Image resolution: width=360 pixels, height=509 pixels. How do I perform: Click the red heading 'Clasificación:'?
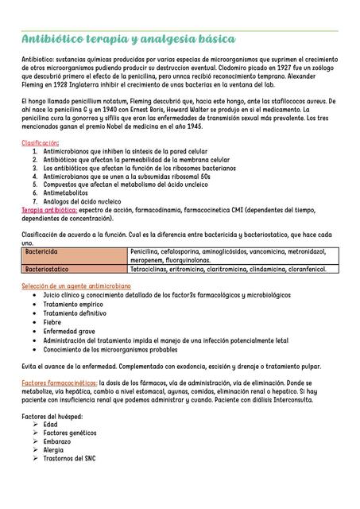coord(41,142)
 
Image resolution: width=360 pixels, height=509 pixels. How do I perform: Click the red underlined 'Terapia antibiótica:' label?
coord(49,210)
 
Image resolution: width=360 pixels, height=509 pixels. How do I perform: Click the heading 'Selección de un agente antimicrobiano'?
coord(76,286)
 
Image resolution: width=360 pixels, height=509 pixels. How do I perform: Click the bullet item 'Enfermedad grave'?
coord(69,331)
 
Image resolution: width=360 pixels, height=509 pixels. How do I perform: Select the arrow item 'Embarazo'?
coord(57,441)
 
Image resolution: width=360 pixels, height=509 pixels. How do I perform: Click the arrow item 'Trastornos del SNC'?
coord(70,458)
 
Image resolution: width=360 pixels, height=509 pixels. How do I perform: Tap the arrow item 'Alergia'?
coord(54,449)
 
